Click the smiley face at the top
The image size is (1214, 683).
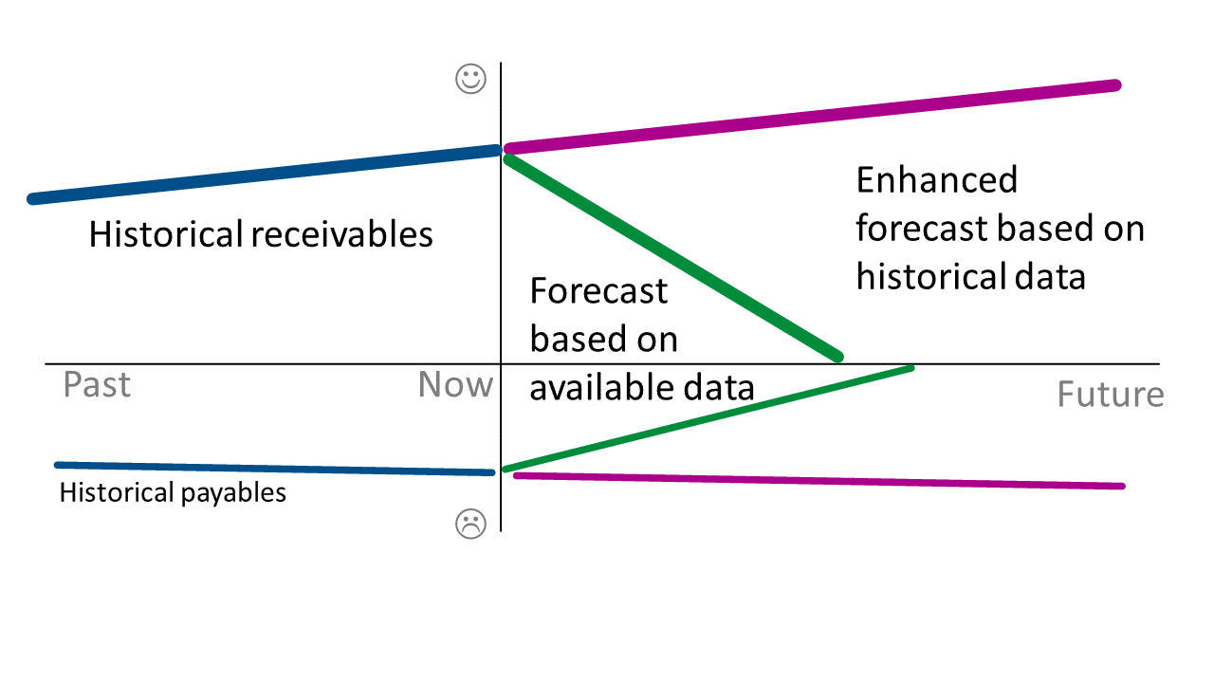click(471, 79)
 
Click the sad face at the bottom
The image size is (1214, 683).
click(470, 524)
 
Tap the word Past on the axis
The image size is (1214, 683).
click(97, 385)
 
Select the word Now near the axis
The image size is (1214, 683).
click(455, 385)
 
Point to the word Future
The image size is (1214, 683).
click(1110, 394)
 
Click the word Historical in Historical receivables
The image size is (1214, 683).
click(166, 233)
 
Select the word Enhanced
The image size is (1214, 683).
click(936, 179)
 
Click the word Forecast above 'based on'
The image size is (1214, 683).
click(598, 290)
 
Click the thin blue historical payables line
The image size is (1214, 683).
click(275, 469)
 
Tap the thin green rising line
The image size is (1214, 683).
click(707, 418)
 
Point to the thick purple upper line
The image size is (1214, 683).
click(811, 117)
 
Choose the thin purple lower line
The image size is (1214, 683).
click(816, 480)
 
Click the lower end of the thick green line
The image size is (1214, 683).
click(836, 356)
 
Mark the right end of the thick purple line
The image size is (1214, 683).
click(1115, 85)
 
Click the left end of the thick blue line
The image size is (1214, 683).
click(33, 198)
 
